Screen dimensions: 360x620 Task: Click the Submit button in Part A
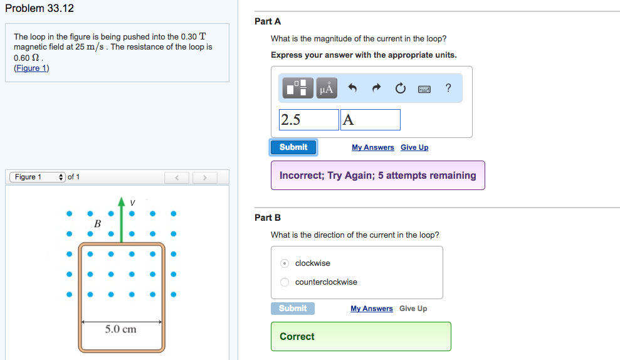tap(293, 147)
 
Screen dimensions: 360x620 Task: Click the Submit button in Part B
tap(293, 309)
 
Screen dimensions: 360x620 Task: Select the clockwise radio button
tap(285, 263)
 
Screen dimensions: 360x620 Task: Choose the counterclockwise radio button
tap(285, 282)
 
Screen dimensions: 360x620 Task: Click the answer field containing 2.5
tap(308, 120)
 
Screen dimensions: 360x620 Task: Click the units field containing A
tap(370, 120)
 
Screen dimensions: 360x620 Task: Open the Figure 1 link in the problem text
tap(31, 68)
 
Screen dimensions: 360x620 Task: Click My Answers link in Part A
tap(373, 147)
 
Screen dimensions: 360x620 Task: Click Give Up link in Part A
tap(414, 147)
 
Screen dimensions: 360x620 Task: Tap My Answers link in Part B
tap(372, 309)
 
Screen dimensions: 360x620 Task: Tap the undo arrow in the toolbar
tap(352, 88)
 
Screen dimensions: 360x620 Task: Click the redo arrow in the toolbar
tap(376, 88)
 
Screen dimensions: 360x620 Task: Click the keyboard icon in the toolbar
tap(424, 88)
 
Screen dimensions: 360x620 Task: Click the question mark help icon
tap(448, 88)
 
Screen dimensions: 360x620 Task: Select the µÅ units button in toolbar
tap(326, 88)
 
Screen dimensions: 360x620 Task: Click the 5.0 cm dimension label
tap(120, 329)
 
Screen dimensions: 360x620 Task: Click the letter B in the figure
tap(97, 223)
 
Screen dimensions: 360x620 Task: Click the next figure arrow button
tap(204, 178)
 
